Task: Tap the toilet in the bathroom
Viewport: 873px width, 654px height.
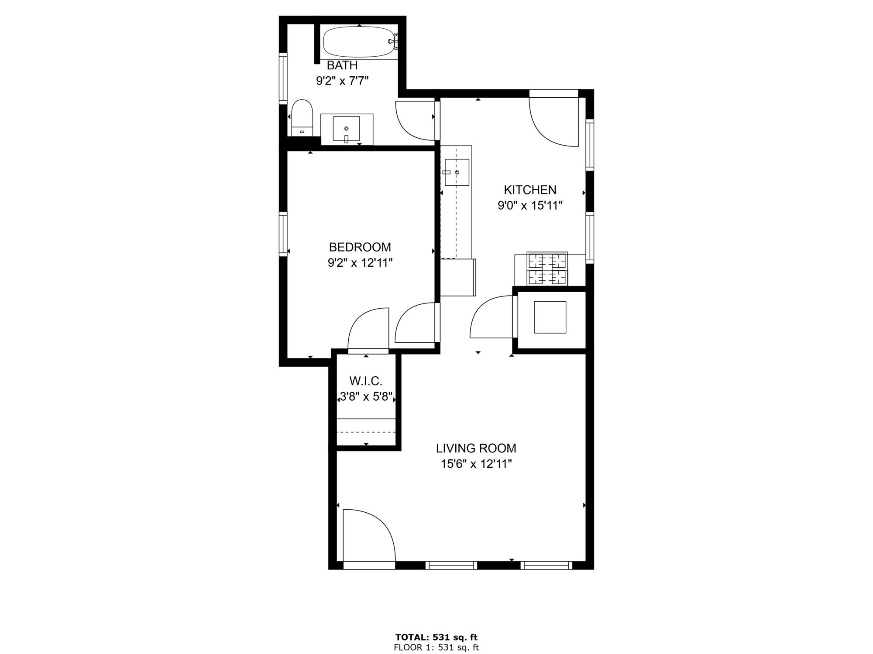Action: coord(302,118)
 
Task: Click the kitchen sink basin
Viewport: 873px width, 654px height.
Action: coord(457,172)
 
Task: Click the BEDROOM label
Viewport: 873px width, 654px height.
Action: coord(360,247)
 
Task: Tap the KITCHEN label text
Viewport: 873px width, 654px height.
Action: coord(530,190)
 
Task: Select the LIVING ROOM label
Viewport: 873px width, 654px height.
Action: coord(476,448)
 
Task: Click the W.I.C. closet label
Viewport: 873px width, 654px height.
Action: coord(366,381)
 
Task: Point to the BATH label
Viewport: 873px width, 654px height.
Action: coord(342,65)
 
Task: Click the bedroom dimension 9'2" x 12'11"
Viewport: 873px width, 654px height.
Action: coord(360,263)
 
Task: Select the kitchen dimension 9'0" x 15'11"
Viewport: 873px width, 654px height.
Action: coord(530,206)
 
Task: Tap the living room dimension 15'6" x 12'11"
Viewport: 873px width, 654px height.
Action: coord(476,464)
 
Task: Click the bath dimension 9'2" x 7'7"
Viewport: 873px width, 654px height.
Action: coord(342,81)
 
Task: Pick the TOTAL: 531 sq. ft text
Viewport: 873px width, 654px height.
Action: coord(436,637)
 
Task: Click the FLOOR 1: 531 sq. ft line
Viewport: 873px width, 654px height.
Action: coord(436,648)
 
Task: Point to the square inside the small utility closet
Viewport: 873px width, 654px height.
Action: coord(550,317)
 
